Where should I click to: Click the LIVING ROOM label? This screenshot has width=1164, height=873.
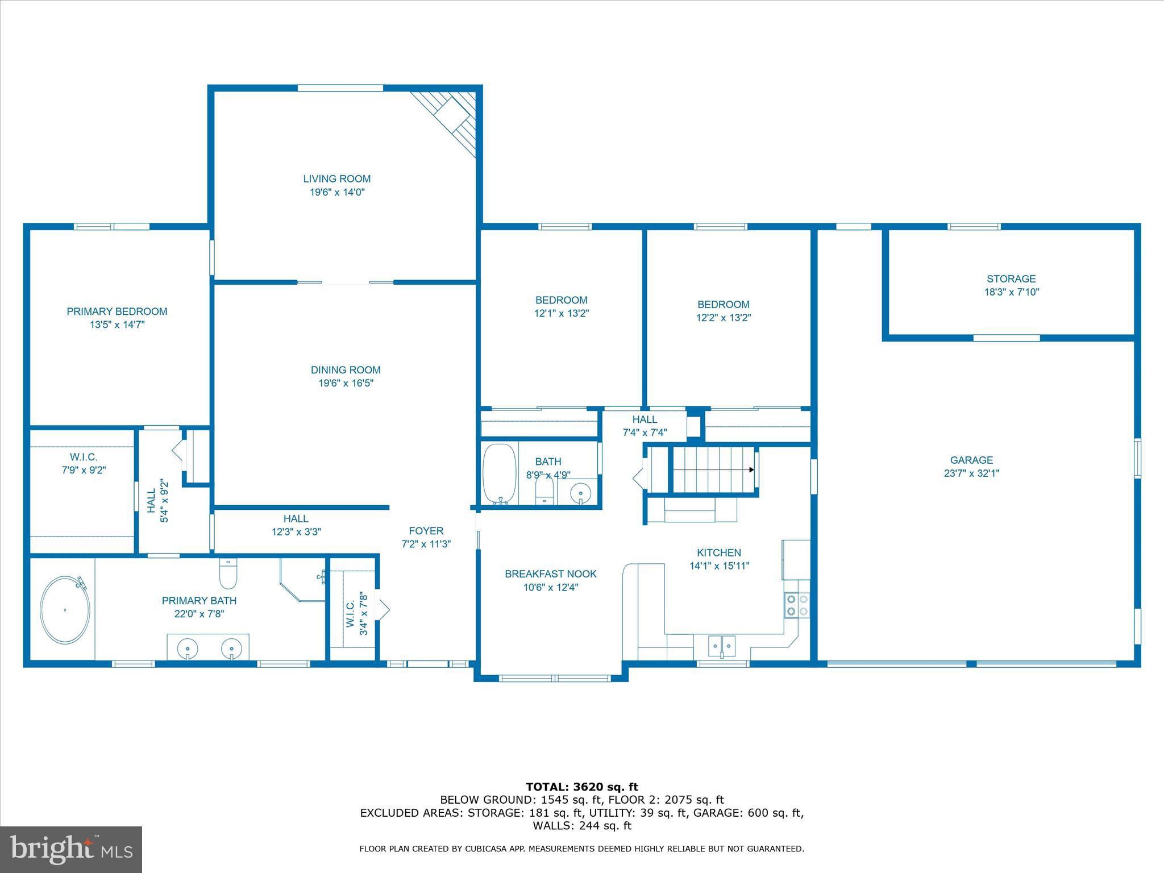click(x=336, y=179)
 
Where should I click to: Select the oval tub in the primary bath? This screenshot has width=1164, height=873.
click(x=65, y=610)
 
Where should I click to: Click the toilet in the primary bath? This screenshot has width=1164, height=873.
click(x=228, y=574)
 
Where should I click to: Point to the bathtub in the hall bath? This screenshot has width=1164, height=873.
click(x=500, y=473)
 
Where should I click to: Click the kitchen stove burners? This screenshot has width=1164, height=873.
click(x=797, y=605)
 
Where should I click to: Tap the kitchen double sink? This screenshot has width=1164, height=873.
click(x=722, y=646)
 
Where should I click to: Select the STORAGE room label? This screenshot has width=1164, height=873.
click(x=1011, y=279)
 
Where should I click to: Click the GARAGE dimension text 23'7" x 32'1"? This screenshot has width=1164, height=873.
click(x=971, y=473)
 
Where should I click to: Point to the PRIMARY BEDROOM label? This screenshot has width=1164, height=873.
click(x=117, y=311)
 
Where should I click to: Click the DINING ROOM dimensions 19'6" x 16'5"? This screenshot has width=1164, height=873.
click(x=346, y=384)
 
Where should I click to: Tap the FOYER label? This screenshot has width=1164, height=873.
click(x=426, y=531)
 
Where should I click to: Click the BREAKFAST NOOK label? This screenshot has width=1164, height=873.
click(x=550, y=574)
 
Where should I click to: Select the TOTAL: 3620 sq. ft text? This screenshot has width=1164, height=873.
click(x=581, y=787)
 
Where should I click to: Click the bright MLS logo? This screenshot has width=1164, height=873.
click(x=71, y=849)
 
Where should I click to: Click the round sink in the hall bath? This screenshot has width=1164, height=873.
click(x=580, y=492)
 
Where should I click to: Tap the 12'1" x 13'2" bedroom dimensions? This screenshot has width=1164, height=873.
click(x=561, y=314)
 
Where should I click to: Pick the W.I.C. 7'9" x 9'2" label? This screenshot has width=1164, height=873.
click(x=84, y=464)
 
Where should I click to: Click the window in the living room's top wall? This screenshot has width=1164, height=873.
click(x=340, y=88)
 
